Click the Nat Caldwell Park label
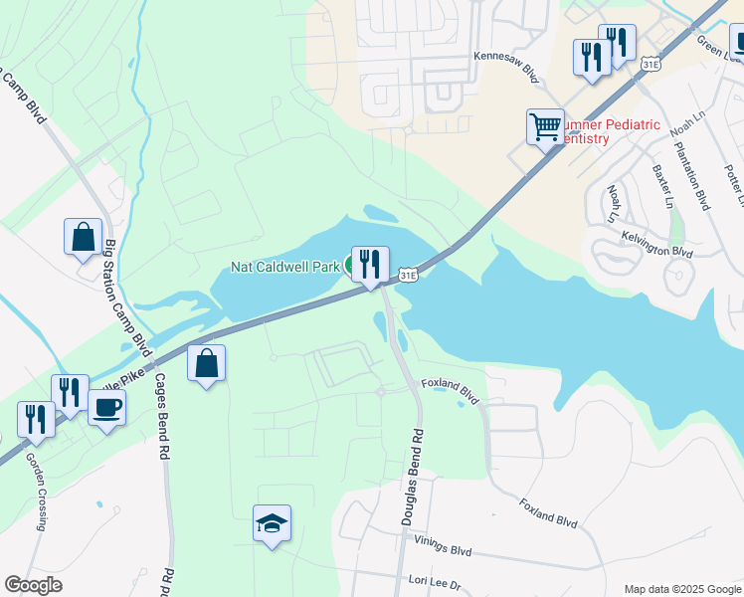click(x=285, y=266)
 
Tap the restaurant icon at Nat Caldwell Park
click(x=370, y=265)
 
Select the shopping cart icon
click(x=545, y=127)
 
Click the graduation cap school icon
click(x=272, y=524)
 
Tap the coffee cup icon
click(x=106, y=407)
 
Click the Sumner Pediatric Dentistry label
click(x=611, y=131)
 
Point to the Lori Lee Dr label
click(x=436, y=581)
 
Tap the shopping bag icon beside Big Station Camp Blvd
click(x=84, y=238)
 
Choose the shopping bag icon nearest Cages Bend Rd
click(x=206, y=364)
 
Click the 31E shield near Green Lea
click(x=651, y=64)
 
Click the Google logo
click(x=34, y=584)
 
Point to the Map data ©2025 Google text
click(x=681, y=588)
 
